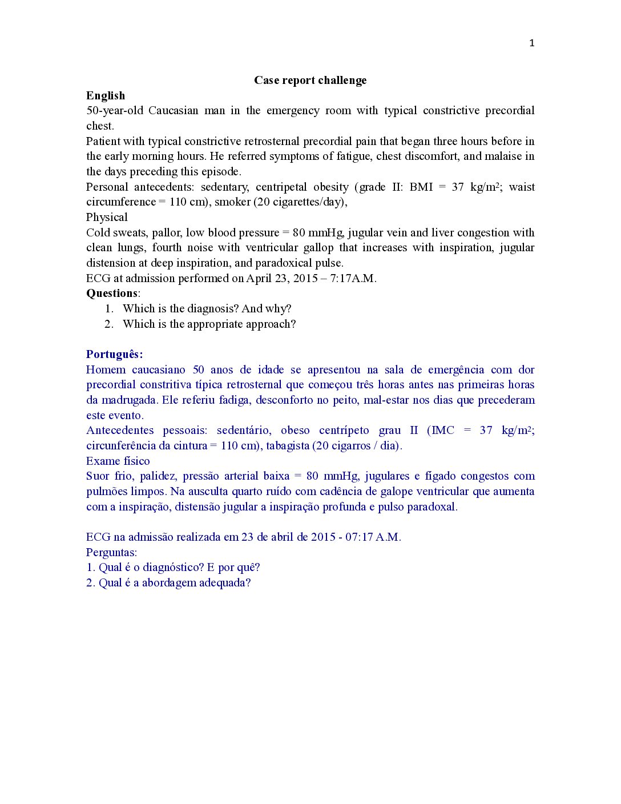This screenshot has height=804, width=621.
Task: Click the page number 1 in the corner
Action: coord(532,43)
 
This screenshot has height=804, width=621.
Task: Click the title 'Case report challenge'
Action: coord(310,81)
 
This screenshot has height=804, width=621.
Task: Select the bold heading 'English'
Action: coord(106,95)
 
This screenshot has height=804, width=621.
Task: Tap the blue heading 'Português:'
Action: coord(114,355)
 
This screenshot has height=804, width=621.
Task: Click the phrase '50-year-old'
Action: coord(114,111)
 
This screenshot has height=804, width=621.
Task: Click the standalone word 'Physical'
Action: coord(107,218)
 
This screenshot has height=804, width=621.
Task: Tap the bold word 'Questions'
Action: coord(112,294)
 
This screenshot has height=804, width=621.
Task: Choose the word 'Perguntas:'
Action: coord(111,553)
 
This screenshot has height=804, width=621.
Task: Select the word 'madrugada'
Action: coord(129,400)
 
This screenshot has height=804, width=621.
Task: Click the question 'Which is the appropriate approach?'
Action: coord(209,324)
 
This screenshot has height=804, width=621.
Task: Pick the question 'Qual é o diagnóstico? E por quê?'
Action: coord(179,568)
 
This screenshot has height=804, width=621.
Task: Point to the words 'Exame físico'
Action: coord(118,461)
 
